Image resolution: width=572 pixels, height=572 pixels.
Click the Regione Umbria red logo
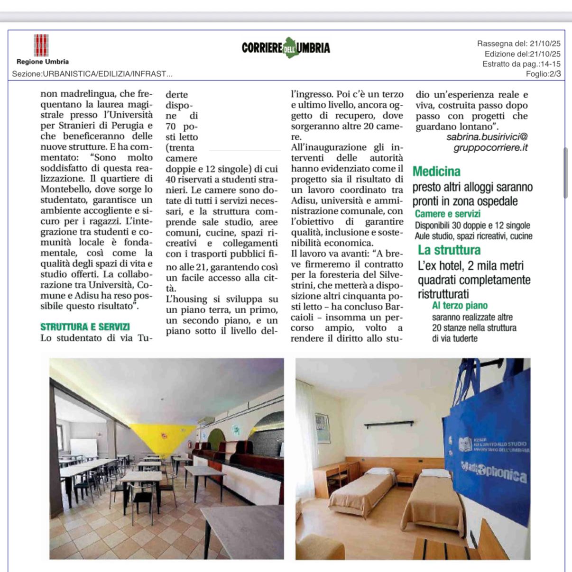pos(41,45)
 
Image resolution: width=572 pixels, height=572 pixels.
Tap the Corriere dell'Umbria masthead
pos(286,48)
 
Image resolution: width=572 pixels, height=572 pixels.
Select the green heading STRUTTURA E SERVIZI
pos(85,327)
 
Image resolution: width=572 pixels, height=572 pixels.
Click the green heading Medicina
pos(436,172)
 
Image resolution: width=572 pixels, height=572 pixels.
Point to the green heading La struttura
pos(449,250)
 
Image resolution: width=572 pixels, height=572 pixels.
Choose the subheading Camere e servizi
pos(447,214)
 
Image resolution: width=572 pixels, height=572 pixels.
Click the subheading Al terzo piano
pos(460,306)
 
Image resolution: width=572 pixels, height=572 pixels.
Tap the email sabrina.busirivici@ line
pos(487,137)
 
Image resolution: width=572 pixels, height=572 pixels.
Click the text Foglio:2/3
pos(543,74)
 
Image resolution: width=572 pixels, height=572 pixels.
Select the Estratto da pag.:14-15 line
pos(521,64)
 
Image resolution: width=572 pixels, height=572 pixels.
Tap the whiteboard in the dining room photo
pos(83,447)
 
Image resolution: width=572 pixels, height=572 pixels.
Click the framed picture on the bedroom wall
pos(322,428)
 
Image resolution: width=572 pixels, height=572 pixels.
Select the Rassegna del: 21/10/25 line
pos(518,44)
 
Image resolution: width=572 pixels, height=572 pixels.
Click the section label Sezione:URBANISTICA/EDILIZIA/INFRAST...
pos(92,74)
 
